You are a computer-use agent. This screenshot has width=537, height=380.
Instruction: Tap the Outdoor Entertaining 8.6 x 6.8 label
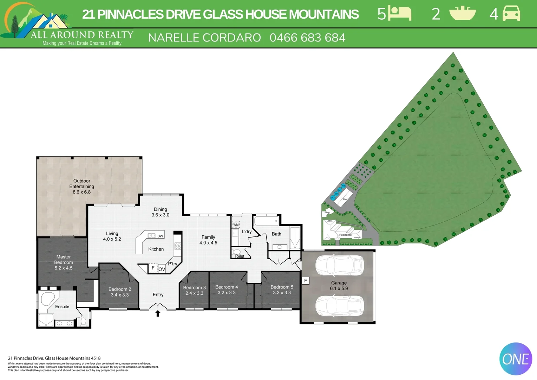[x=81, y=186]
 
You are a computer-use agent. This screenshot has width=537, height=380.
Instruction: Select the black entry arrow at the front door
[x=158, y=313]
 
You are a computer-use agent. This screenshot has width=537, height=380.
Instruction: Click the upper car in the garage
[x=339, y=265]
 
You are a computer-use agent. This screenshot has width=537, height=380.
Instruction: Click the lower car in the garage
[x=339, y=305]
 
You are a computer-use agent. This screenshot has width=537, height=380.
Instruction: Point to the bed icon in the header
[x=400, y=14]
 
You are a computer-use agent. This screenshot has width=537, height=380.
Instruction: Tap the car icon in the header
[x=511, y=14]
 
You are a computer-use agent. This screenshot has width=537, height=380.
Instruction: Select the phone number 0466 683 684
[x=307, y=38]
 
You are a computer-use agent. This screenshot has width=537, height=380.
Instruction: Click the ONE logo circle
[x=516, y=359]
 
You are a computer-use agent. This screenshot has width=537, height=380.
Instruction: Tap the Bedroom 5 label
[x=282, y=287]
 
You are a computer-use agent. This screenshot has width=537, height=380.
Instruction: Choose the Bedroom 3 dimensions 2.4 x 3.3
[x=194, y=293]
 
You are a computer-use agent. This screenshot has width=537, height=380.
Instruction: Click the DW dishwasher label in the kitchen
[x=160, y=236]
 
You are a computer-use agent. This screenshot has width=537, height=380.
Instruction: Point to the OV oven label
[x=162, y=269]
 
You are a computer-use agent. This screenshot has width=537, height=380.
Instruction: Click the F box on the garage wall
[x=306, y=281]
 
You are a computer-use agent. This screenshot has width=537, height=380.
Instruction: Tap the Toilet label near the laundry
[x=240, y=256]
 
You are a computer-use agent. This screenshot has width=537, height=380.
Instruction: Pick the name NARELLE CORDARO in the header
[x=204, y=38]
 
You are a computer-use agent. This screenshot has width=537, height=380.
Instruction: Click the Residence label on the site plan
[x=345, y=235]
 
